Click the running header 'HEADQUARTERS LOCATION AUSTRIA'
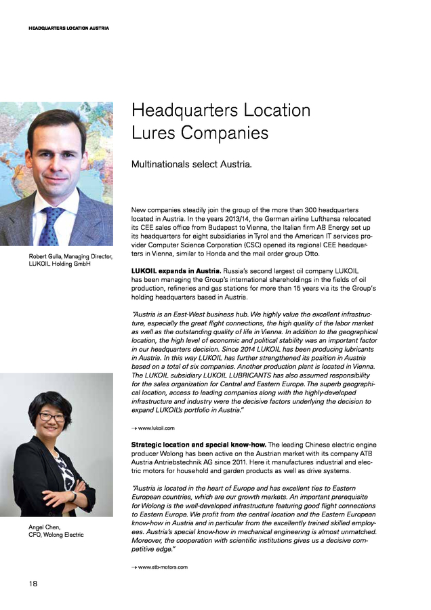tap(68, 28)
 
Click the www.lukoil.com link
tap(157, 428)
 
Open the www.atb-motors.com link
tap(163, 567)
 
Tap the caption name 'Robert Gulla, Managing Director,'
tap(70, 256)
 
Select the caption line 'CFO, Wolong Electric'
tap(56, 535)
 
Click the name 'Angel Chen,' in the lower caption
tap(45, 527)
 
